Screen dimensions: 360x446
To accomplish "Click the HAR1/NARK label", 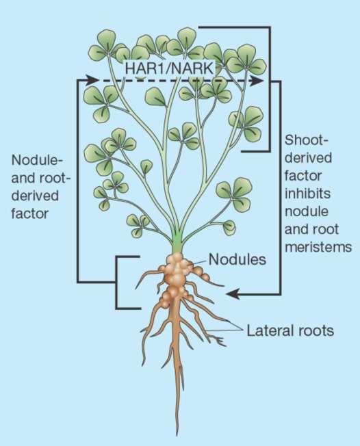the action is [169, 68].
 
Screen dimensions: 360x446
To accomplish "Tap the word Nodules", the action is [237, 259].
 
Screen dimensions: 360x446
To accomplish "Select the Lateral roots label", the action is [290, 330].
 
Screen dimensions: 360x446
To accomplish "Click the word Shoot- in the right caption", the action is [306, 140].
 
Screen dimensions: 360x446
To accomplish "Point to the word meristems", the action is [318, 246].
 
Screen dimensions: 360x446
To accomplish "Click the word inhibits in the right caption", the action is [307, 193].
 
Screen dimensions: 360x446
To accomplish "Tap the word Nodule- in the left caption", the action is [36, 160].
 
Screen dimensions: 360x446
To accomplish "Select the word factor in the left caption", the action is [30, 213].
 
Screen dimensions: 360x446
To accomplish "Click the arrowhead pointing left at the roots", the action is [232, 294].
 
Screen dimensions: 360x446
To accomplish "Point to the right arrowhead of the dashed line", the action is [257, 81].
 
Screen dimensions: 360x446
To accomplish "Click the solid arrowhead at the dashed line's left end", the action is [92, 79].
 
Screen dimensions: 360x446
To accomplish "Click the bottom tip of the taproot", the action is [177, 435].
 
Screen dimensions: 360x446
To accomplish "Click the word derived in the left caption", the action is [35, 196].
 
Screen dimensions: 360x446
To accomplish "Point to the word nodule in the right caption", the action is [306, 211].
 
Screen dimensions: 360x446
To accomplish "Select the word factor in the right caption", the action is [303, 176].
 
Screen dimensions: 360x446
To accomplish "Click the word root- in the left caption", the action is [54, 178].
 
